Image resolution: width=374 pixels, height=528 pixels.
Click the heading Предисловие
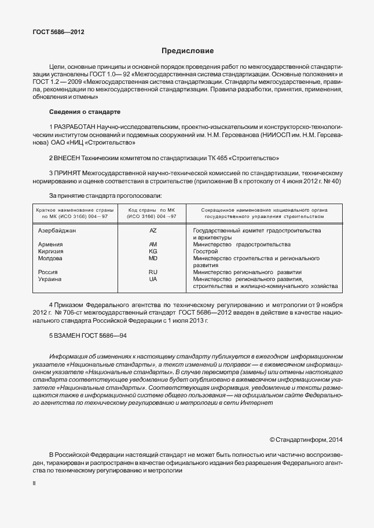pos(187,51)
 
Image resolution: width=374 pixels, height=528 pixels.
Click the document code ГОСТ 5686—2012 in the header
pos(58,32)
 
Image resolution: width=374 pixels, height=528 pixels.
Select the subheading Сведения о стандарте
pos(85,110)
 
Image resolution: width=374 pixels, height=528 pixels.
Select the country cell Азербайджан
pos(57,230)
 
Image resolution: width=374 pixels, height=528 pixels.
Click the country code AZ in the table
pos(153,230)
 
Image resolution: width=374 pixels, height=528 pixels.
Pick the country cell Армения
pos(50,244)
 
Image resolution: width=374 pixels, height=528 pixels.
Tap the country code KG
pos(153,251)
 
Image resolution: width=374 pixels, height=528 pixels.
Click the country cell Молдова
pos(50,258)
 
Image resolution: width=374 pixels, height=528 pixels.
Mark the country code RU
pos(153,272)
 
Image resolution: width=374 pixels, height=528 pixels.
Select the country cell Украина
pos(50,279)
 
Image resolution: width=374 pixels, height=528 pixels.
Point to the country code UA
pos(153,279)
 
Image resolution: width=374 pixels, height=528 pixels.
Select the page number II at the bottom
pos(34,482)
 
